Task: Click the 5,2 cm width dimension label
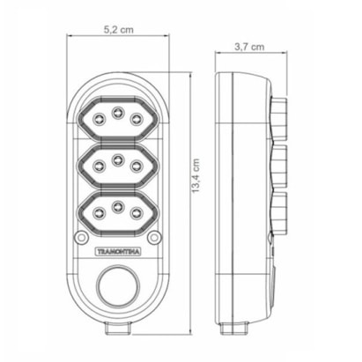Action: coord(117,28)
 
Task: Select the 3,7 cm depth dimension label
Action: coord(248,49)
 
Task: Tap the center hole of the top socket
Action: coord(117,110)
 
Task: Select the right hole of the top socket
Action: coord(137,119)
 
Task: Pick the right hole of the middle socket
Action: coord(137,166)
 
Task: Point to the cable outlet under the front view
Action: coord(117,328)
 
